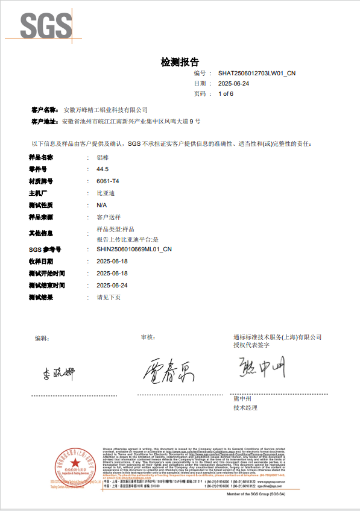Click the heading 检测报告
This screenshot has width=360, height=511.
pos(180,62)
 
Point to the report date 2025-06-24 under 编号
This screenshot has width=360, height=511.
pos(233,83)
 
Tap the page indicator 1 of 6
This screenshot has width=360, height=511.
pos(226,94)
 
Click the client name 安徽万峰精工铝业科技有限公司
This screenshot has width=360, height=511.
pos(106,110)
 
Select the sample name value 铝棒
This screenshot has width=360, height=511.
pos(103,157)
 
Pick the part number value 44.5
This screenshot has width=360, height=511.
pos(103,169)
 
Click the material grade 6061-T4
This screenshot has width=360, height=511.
pos(108,181)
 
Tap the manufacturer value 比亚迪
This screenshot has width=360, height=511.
pos(106,193)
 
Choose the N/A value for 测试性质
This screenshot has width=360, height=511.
pos(102,205)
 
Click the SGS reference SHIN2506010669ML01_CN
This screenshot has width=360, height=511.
pos(134,249)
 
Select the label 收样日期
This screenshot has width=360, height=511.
pos(40,262)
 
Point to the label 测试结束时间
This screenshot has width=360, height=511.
pos(46,285)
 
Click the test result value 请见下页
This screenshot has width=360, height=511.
pos(109,297)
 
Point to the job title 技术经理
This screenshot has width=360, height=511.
pos(245,408)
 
